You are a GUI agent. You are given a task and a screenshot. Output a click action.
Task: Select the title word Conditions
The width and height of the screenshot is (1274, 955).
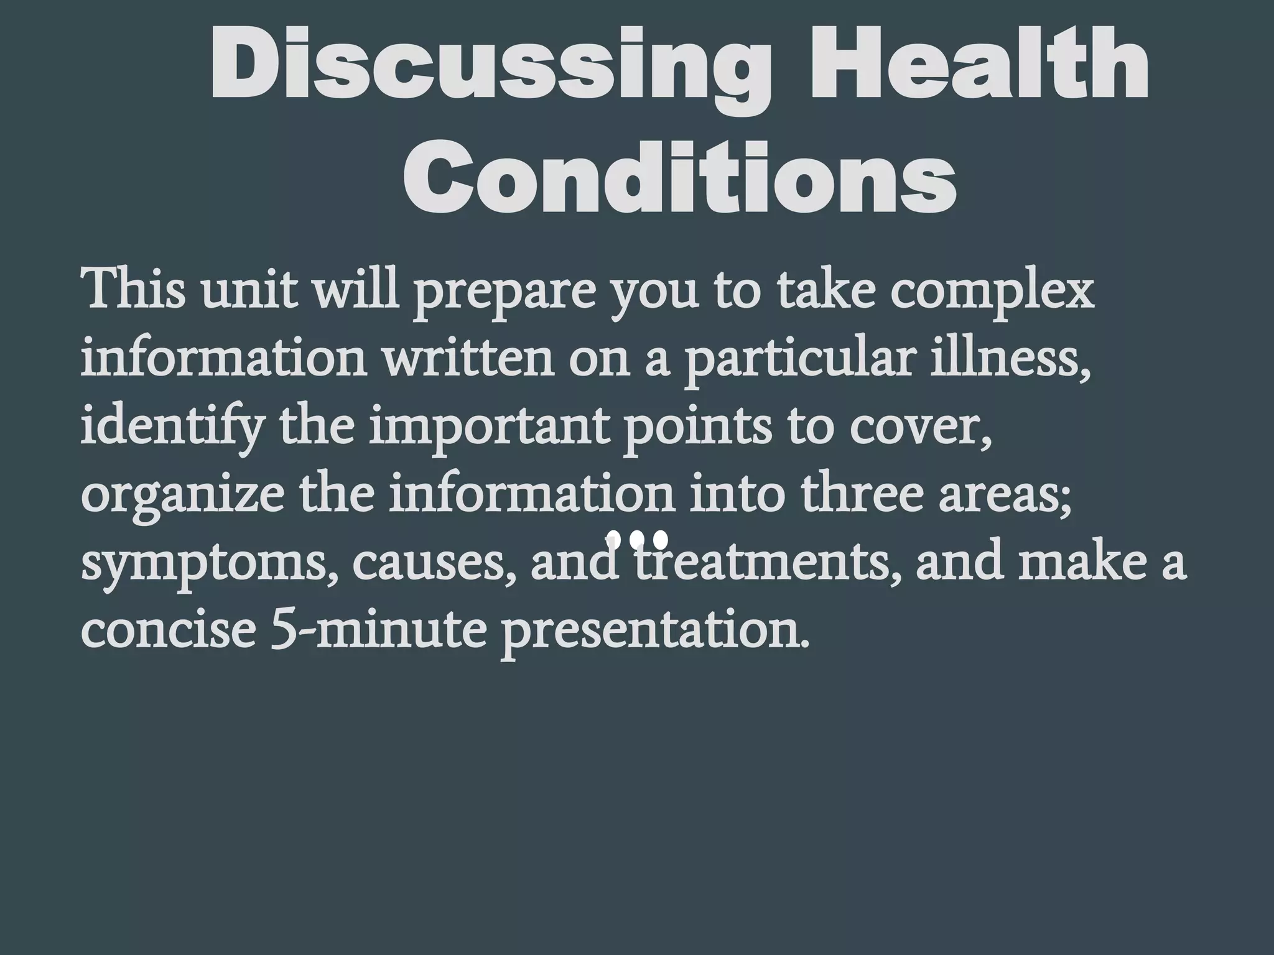(679, 176)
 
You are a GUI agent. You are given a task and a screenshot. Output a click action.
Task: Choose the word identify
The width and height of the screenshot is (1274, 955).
(170, 429)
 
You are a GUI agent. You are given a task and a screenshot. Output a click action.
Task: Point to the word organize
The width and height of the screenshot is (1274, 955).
(180, 497)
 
